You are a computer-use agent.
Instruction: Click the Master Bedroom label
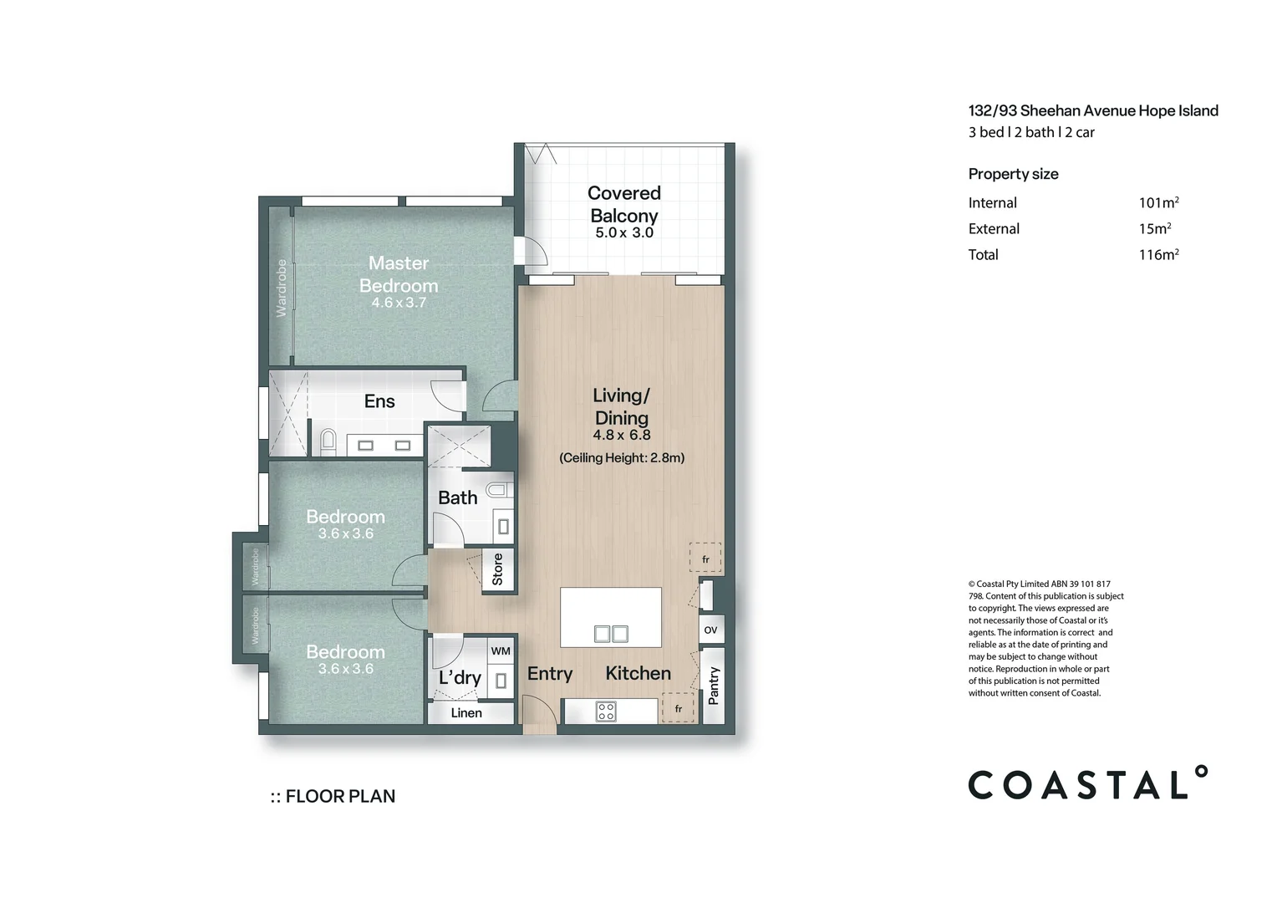point(399,273)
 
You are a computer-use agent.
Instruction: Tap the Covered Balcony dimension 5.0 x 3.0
point(624,232)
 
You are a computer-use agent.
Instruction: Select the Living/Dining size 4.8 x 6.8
point(622,436)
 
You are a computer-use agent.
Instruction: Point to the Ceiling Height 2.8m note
point(622,457)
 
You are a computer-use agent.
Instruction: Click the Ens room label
point(379,401)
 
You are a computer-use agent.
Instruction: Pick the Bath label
point(457,498)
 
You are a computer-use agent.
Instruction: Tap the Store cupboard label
point(498,569)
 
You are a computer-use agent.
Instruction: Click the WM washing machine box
point(501,650)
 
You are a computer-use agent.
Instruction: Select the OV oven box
point(711,630)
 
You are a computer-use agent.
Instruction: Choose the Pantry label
point(713,686)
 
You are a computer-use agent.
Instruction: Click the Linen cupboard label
point(466,713)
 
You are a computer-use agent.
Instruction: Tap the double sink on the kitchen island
point(611,634)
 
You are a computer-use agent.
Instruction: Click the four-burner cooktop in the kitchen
point(605,712)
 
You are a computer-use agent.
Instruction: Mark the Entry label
point(550,674)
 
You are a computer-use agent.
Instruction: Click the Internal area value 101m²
point(1158,202)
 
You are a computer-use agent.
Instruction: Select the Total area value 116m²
point(1158,254)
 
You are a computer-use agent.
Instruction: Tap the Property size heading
point(1013,174)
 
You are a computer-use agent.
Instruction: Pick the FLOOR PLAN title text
point(333,796)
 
